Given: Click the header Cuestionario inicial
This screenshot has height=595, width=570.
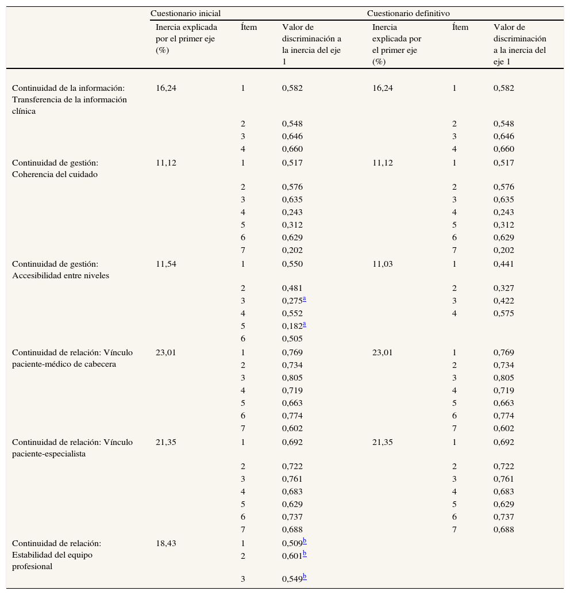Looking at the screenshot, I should point(185,13).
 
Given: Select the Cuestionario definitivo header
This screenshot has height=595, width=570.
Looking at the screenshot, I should point(408,13).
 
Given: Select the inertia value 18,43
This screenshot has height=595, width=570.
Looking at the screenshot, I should point(166,543).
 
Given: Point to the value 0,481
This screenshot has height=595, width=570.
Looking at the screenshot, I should point(292,289).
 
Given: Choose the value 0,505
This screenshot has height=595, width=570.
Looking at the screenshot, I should point(292,339).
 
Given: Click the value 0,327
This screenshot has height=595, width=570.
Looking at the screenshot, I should point(503,289).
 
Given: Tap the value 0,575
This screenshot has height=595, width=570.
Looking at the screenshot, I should point(503,314).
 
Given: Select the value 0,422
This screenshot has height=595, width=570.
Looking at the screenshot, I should point(503,301).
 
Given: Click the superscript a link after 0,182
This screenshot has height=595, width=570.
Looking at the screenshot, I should point(305,324).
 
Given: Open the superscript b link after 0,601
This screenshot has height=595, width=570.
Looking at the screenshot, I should point(305,553).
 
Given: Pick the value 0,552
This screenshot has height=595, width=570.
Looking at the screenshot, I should point(292,314).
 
